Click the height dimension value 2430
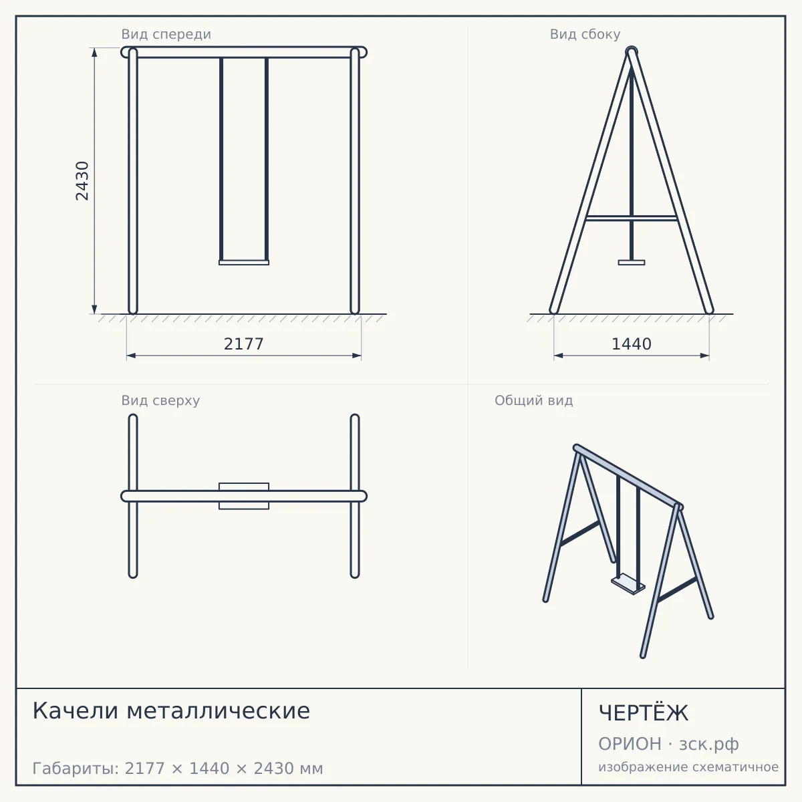(82, 181)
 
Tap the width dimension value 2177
(243, 344)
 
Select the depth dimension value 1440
(632, 344)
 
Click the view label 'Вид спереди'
(166, 34)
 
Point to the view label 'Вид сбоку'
(585, 34)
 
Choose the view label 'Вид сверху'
(160, 400)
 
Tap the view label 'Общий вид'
(533, 400)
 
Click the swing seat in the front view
(244, 263)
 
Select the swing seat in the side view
(632, 263)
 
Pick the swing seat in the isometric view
(628, 584)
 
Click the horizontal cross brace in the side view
(632, 218)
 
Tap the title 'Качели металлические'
(171, 711)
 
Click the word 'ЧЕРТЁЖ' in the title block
(643, 713)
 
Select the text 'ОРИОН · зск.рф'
(668, 744)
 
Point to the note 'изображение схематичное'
(688, 767)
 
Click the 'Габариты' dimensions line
(178, 769)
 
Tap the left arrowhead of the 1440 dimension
(559, 356)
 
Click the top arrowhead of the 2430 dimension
(94, 52)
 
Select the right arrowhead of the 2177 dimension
(357, 356)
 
